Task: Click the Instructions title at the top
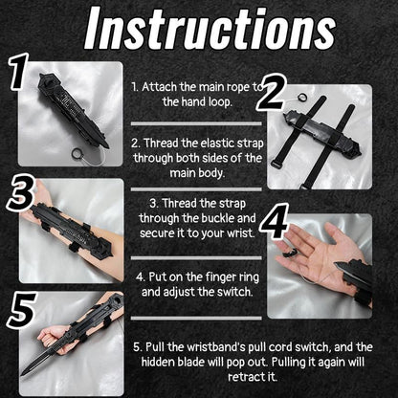(x=199, y=29)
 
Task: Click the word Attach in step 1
(x=159, y=84)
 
